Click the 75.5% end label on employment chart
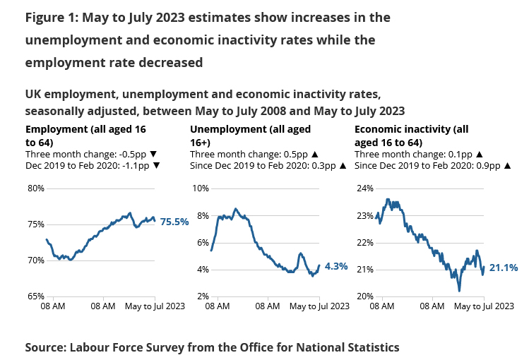click(174, 222)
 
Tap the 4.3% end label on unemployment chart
click(336, 266)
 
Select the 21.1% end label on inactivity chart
click(504, 268)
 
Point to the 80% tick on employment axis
click(35, 188)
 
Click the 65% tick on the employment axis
click(35, 296)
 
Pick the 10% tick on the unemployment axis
click(201, 188)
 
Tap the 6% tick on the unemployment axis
click(203, 243)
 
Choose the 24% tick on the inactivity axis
click(365, 188)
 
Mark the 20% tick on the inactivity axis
click(365, 296)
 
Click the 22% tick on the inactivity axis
click(365, 243)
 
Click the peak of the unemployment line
click(235, 209)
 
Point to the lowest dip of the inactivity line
click(459, 290)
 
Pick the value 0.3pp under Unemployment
click(323, 166)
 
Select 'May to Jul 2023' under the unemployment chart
click(319, 306)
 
